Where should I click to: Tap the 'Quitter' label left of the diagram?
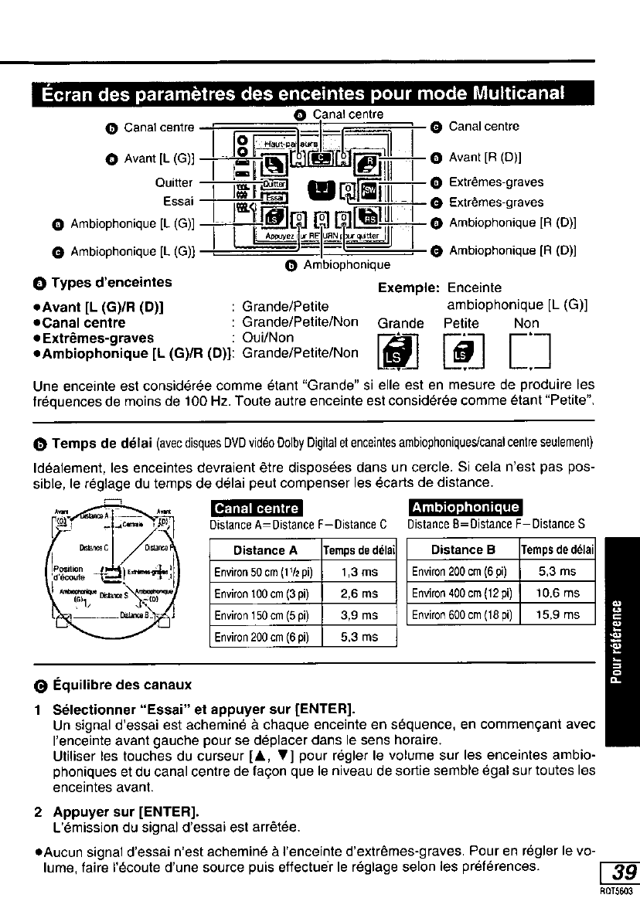pos(174,183)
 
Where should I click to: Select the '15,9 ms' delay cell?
pos(557,614)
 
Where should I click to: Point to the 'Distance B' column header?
pos(463,549)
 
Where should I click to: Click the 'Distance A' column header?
pos(265,550)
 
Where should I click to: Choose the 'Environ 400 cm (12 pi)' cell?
pos(462,593)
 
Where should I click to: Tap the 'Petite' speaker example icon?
pos(461,352)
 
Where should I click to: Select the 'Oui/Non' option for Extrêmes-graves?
pos(268,338)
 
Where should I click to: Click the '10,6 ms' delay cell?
pos(557,593)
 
